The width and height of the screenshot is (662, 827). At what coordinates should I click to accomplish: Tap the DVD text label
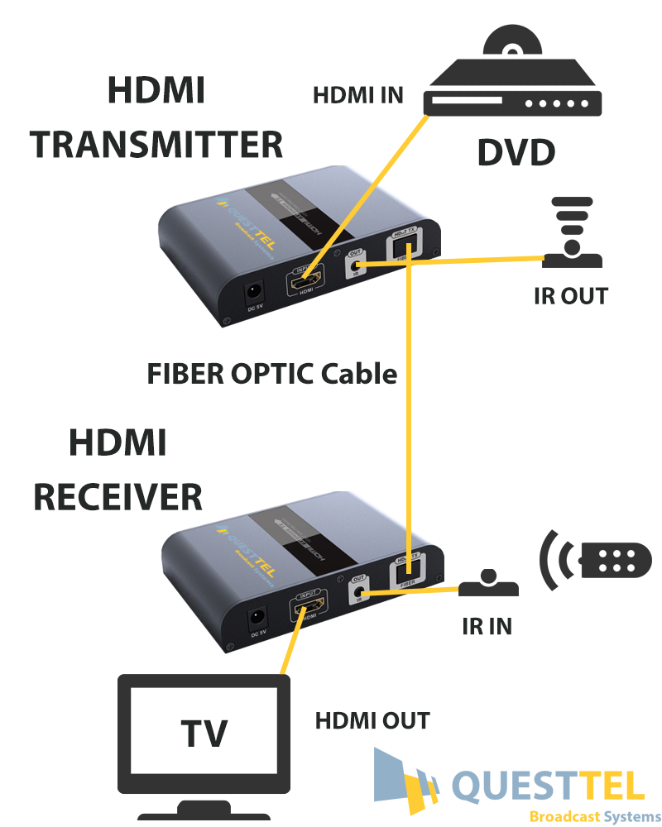click(516, 152)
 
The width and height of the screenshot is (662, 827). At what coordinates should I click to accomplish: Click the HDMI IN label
click(357, 95)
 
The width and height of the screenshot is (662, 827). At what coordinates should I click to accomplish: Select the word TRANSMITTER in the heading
click(157, 144)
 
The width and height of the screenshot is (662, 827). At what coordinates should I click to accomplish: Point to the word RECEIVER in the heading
click(118, 497)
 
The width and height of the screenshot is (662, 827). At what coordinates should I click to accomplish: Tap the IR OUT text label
click(571, 295)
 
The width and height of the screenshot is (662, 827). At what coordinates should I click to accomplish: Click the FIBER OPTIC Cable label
click(272, 374)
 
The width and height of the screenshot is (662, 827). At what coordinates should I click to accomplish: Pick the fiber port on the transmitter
click(405, 247)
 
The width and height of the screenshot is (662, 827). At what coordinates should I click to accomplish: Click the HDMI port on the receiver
click(305, 610)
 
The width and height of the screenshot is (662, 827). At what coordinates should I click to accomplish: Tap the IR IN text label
click(487, 626)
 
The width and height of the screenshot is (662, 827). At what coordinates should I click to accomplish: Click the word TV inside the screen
click(204, 733)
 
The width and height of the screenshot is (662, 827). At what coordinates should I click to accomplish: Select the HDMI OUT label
click(372, 720)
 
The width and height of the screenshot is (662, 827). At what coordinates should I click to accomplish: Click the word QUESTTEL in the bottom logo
click(548, 786)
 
